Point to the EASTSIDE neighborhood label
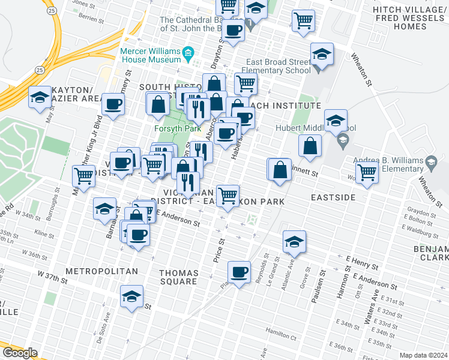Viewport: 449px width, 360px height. tap(333, 197)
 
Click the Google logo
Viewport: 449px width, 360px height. tap(20, 353)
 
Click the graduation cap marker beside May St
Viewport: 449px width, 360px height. tap(40, 97)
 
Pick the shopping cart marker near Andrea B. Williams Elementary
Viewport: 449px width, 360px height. tap(367, 172)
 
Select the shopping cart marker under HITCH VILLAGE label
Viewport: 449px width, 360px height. tap(304, 20)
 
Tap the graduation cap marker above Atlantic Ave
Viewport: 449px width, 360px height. tap(294, 241)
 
